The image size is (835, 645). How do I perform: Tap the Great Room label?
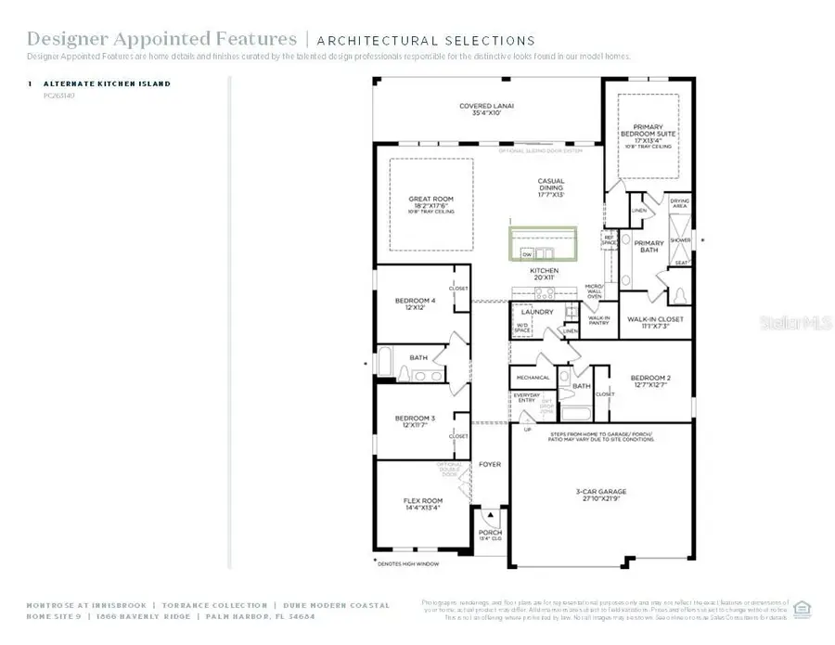pos(430,202)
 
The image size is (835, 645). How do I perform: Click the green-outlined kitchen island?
pos(542,244)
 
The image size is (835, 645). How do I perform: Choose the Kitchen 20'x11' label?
pos(544,275)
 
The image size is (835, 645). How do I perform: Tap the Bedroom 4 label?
pos(415,303)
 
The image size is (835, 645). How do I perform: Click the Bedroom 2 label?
pos(650,381)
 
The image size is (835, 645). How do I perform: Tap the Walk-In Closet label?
pos(655,322)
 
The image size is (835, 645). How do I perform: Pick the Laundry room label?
pos(539,312)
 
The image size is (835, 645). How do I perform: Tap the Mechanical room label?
pos(533,378)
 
